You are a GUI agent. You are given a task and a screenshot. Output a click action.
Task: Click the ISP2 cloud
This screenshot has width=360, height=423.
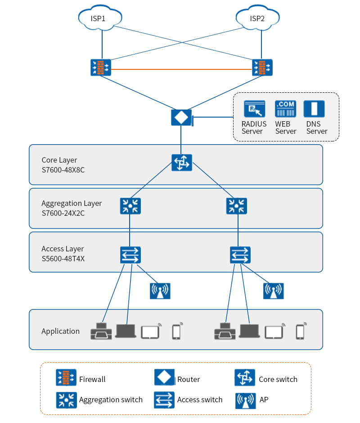[257, 18]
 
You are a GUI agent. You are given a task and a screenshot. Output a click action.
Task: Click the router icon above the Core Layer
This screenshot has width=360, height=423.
[181, 118]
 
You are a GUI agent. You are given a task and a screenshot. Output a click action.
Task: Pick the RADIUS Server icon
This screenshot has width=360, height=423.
[254, 109]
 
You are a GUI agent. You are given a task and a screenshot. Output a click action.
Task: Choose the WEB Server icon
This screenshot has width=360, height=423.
[285, 109]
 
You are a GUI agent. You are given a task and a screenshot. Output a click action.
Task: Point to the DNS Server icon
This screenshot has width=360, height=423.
[314, 109]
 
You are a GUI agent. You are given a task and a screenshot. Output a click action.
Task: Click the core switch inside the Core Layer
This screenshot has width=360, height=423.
[181, 163]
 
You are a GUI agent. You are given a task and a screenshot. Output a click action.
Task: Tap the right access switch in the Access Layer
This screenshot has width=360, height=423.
[240, 255]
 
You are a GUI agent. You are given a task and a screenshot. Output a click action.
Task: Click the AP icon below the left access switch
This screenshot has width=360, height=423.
[160, 291]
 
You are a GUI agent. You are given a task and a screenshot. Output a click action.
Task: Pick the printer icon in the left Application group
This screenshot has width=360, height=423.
[101, 331]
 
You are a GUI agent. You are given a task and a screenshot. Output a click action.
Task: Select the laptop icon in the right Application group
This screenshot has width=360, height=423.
[249, 331]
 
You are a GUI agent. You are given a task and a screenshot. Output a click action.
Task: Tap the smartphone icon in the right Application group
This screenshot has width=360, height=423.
[300, 331]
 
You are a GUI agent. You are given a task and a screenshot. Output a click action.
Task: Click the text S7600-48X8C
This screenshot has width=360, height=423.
[63, 170]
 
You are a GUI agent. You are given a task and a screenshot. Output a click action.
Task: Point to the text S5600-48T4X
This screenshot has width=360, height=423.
[63, 259]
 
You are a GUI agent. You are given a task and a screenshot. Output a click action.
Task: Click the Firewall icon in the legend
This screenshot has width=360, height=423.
[66, 378]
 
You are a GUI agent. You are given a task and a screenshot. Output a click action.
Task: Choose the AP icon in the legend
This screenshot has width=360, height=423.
[245, 400]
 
